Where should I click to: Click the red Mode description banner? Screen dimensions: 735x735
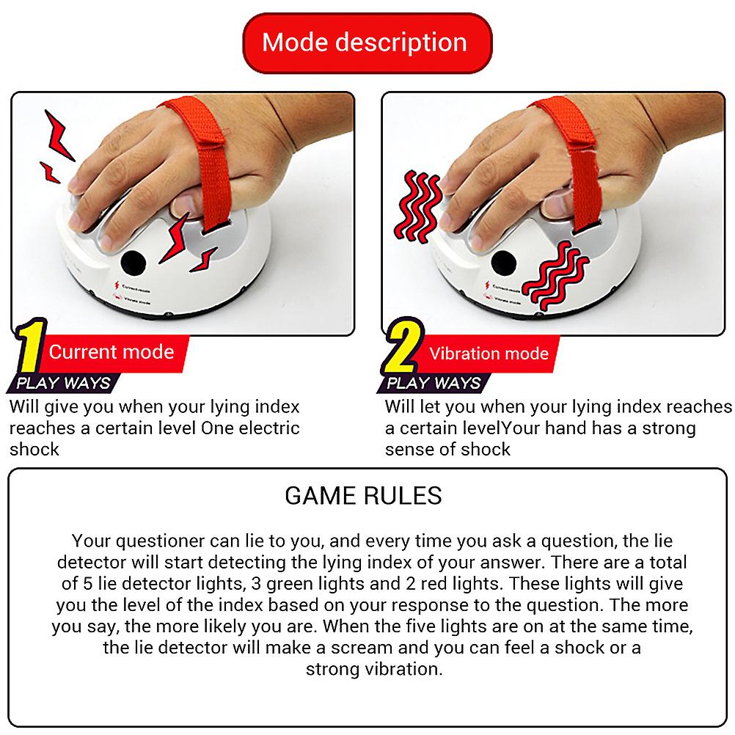[365, 43]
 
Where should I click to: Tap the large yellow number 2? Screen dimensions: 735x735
[402, 350]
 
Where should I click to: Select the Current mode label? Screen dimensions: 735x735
[111, 352]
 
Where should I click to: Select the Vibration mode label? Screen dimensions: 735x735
[489, 354]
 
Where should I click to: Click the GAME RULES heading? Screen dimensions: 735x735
[363, 496]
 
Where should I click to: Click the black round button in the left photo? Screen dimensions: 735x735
[134, 262]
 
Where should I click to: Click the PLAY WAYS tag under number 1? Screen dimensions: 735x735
[63, 383]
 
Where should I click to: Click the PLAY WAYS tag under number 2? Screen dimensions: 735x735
[434, 383]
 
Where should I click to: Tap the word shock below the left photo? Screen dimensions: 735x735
[34, 449]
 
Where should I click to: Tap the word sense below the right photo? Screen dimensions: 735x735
[408, 449]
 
